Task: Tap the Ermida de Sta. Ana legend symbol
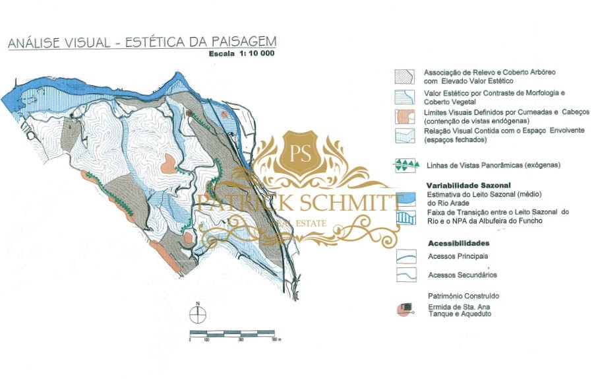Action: (405, 309)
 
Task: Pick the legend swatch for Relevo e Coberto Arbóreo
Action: (405, 76)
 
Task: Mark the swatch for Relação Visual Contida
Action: (405, 135)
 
